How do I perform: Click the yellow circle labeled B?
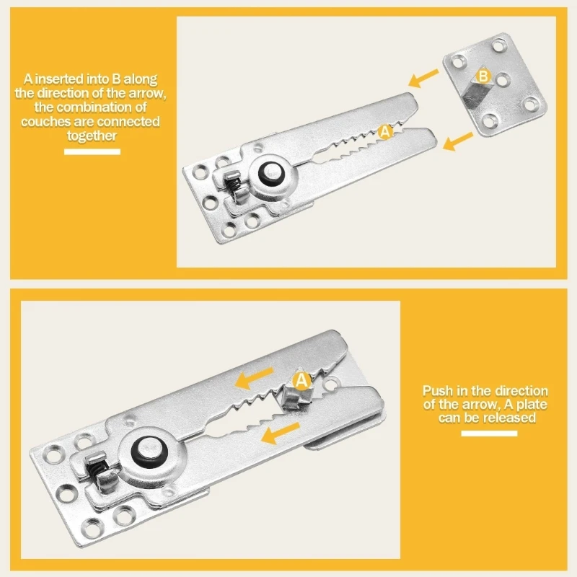coord(484,76)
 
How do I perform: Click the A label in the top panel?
coord(384,132)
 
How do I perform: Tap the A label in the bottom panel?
coord(301,378)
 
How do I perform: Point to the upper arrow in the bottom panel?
coord(253,377)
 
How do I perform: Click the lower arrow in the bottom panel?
coord(280,433)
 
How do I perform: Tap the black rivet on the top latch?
coord(274,173)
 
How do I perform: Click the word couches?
coord(44,122)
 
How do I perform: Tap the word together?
coord(92,136)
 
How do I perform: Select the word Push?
coord(436,390)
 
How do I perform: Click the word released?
coord(511,418)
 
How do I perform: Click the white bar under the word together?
coord(92,151)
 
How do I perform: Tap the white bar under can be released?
coord(489,433)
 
